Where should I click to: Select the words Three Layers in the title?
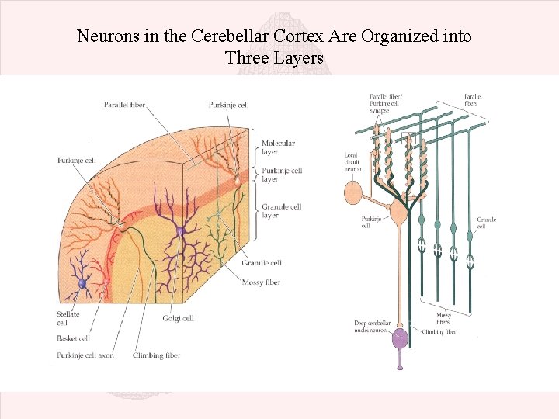pos(274,57)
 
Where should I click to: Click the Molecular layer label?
pos(278,147)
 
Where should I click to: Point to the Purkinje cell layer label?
pos(281,175)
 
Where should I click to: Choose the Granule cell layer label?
pos(280,210)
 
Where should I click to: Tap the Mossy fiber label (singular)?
pos(262,282)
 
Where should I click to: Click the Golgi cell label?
pos(178,318)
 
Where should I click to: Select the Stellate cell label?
pos(68,318)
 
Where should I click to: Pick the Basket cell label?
pos(74,338)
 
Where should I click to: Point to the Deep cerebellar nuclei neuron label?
pos(370,327)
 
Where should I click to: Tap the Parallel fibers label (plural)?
pos(473,99)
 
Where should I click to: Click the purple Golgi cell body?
pos(180,231)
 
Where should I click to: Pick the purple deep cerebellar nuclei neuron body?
pos(400,338)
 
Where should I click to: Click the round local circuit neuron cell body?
pos(353,193)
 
